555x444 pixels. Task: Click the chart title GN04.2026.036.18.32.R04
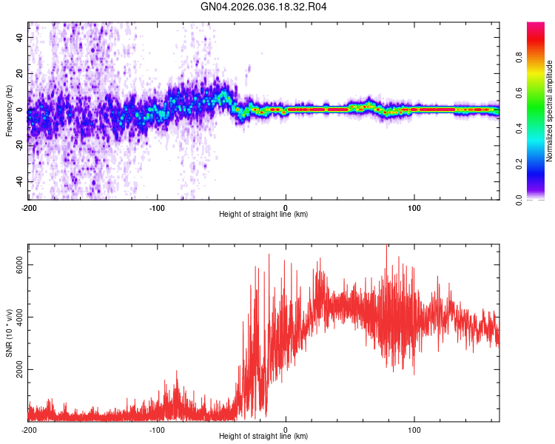click(x=264, y=7)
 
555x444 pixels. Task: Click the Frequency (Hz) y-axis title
click(x=8, y=111)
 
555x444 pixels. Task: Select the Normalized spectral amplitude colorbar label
click(x=550, y=111)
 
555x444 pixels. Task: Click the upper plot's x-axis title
click(x=263, y=214)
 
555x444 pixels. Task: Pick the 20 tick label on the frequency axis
click(x=20, y=73)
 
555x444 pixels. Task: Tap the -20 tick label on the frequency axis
click(x=18, y=146)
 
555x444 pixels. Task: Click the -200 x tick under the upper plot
click(x=28, y=206)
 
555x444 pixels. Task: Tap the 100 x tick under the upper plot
click(x=414, y=206)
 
